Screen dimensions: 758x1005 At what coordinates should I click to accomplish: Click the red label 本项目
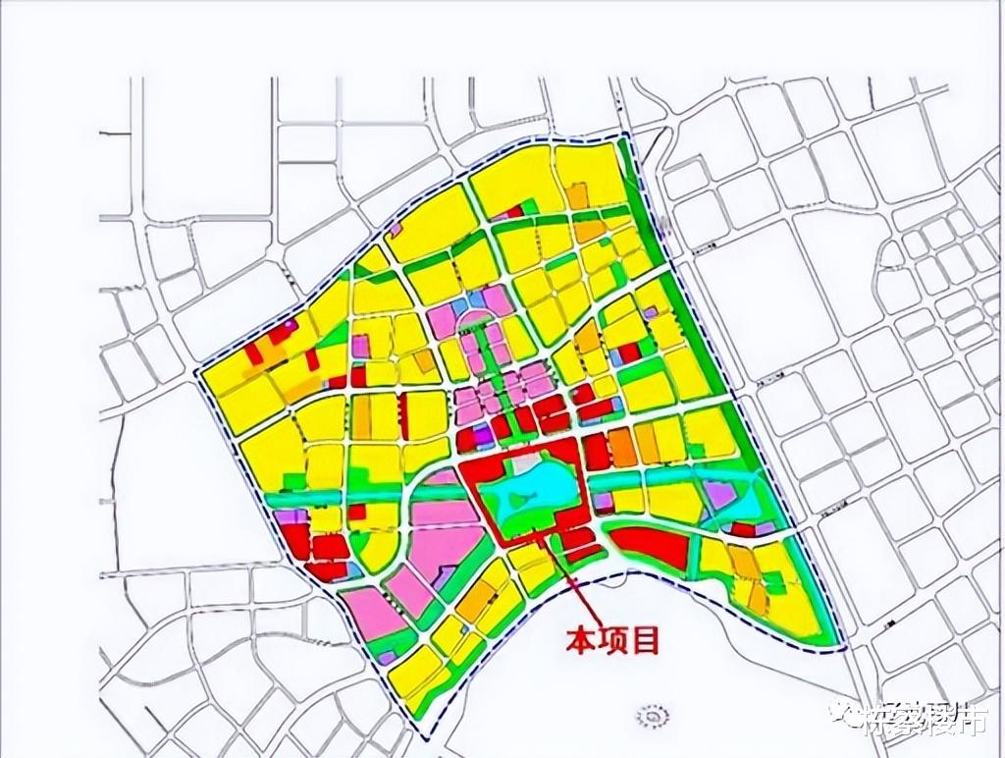609,642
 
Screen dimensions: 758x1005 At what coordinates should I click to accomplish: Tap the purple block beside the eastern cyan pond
721,495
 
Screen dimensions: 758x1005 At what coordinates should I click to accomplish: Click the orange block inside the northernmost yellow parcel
577,195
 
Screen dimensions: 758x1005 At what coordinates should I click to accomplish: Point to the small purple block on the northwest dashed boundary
396,229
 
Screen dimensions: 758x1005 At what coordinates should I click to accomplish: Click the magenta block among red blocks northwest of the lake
482,438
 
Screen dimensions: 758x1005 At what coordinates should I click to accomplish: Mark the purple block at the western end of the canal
289,515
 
